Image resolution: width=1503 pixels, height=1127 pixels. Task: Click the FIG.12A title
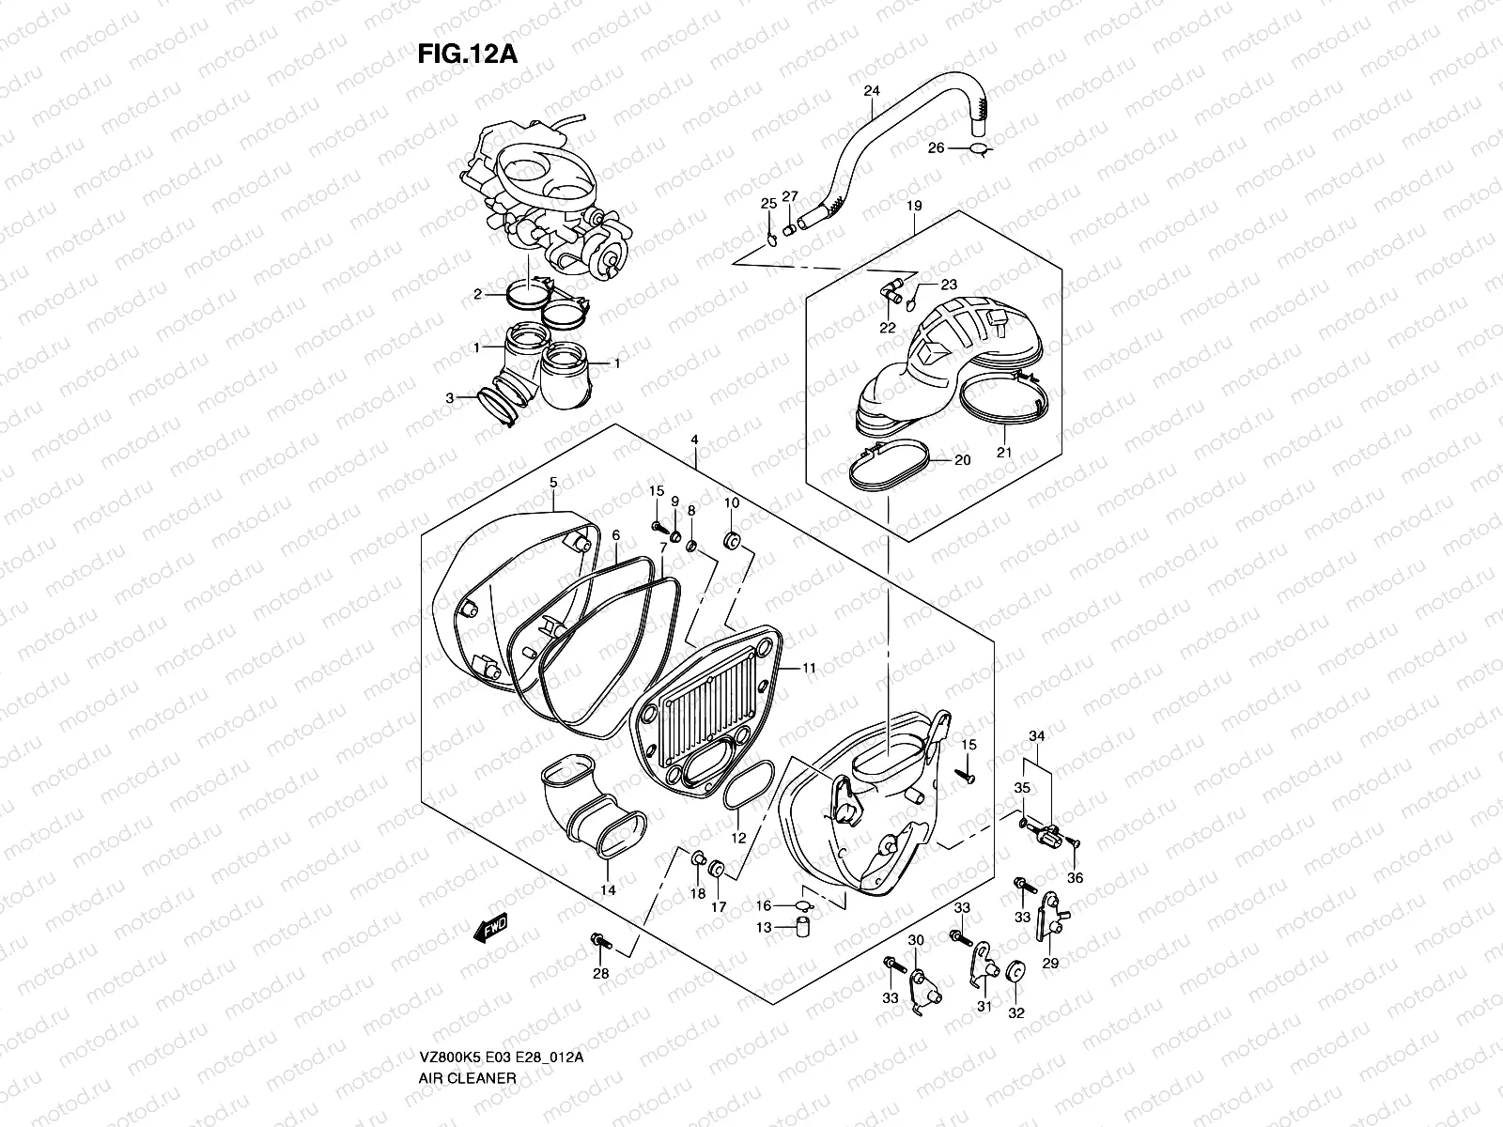(467, 54)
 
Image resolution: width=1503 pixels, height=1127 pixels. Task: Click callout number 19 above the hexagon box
(914, 206)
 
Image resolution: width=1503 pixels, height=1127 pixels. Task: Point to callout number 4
(694, 440)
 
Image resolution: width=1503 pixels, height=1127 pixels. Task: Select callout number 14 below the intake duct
(609, 889)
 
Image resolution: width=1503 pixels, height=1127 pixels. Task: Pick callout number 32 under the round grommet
(1016, 1013)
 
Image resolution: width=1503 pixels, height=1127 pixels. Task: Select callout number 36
(1076, 877)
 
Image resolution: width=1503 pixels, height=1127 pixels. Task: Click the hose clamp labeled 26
(978, 148)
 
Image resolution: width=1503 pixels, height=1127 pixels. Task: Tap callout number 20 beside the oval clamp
(962, 460)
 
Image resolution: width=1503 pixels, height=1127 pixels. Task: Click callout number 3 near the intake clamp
(450, 398)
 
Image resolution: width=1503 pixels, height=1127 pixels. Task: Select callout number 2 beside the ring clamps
(477, 294)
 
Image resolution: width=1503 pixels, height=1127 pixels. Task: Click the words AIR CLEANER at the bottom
(467, 1078)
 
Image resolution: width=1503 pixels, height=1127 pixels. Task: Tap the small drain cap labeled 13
(803, 928)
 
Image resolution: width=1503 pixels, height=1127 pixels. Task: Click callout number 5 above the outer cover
(553, 483)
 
